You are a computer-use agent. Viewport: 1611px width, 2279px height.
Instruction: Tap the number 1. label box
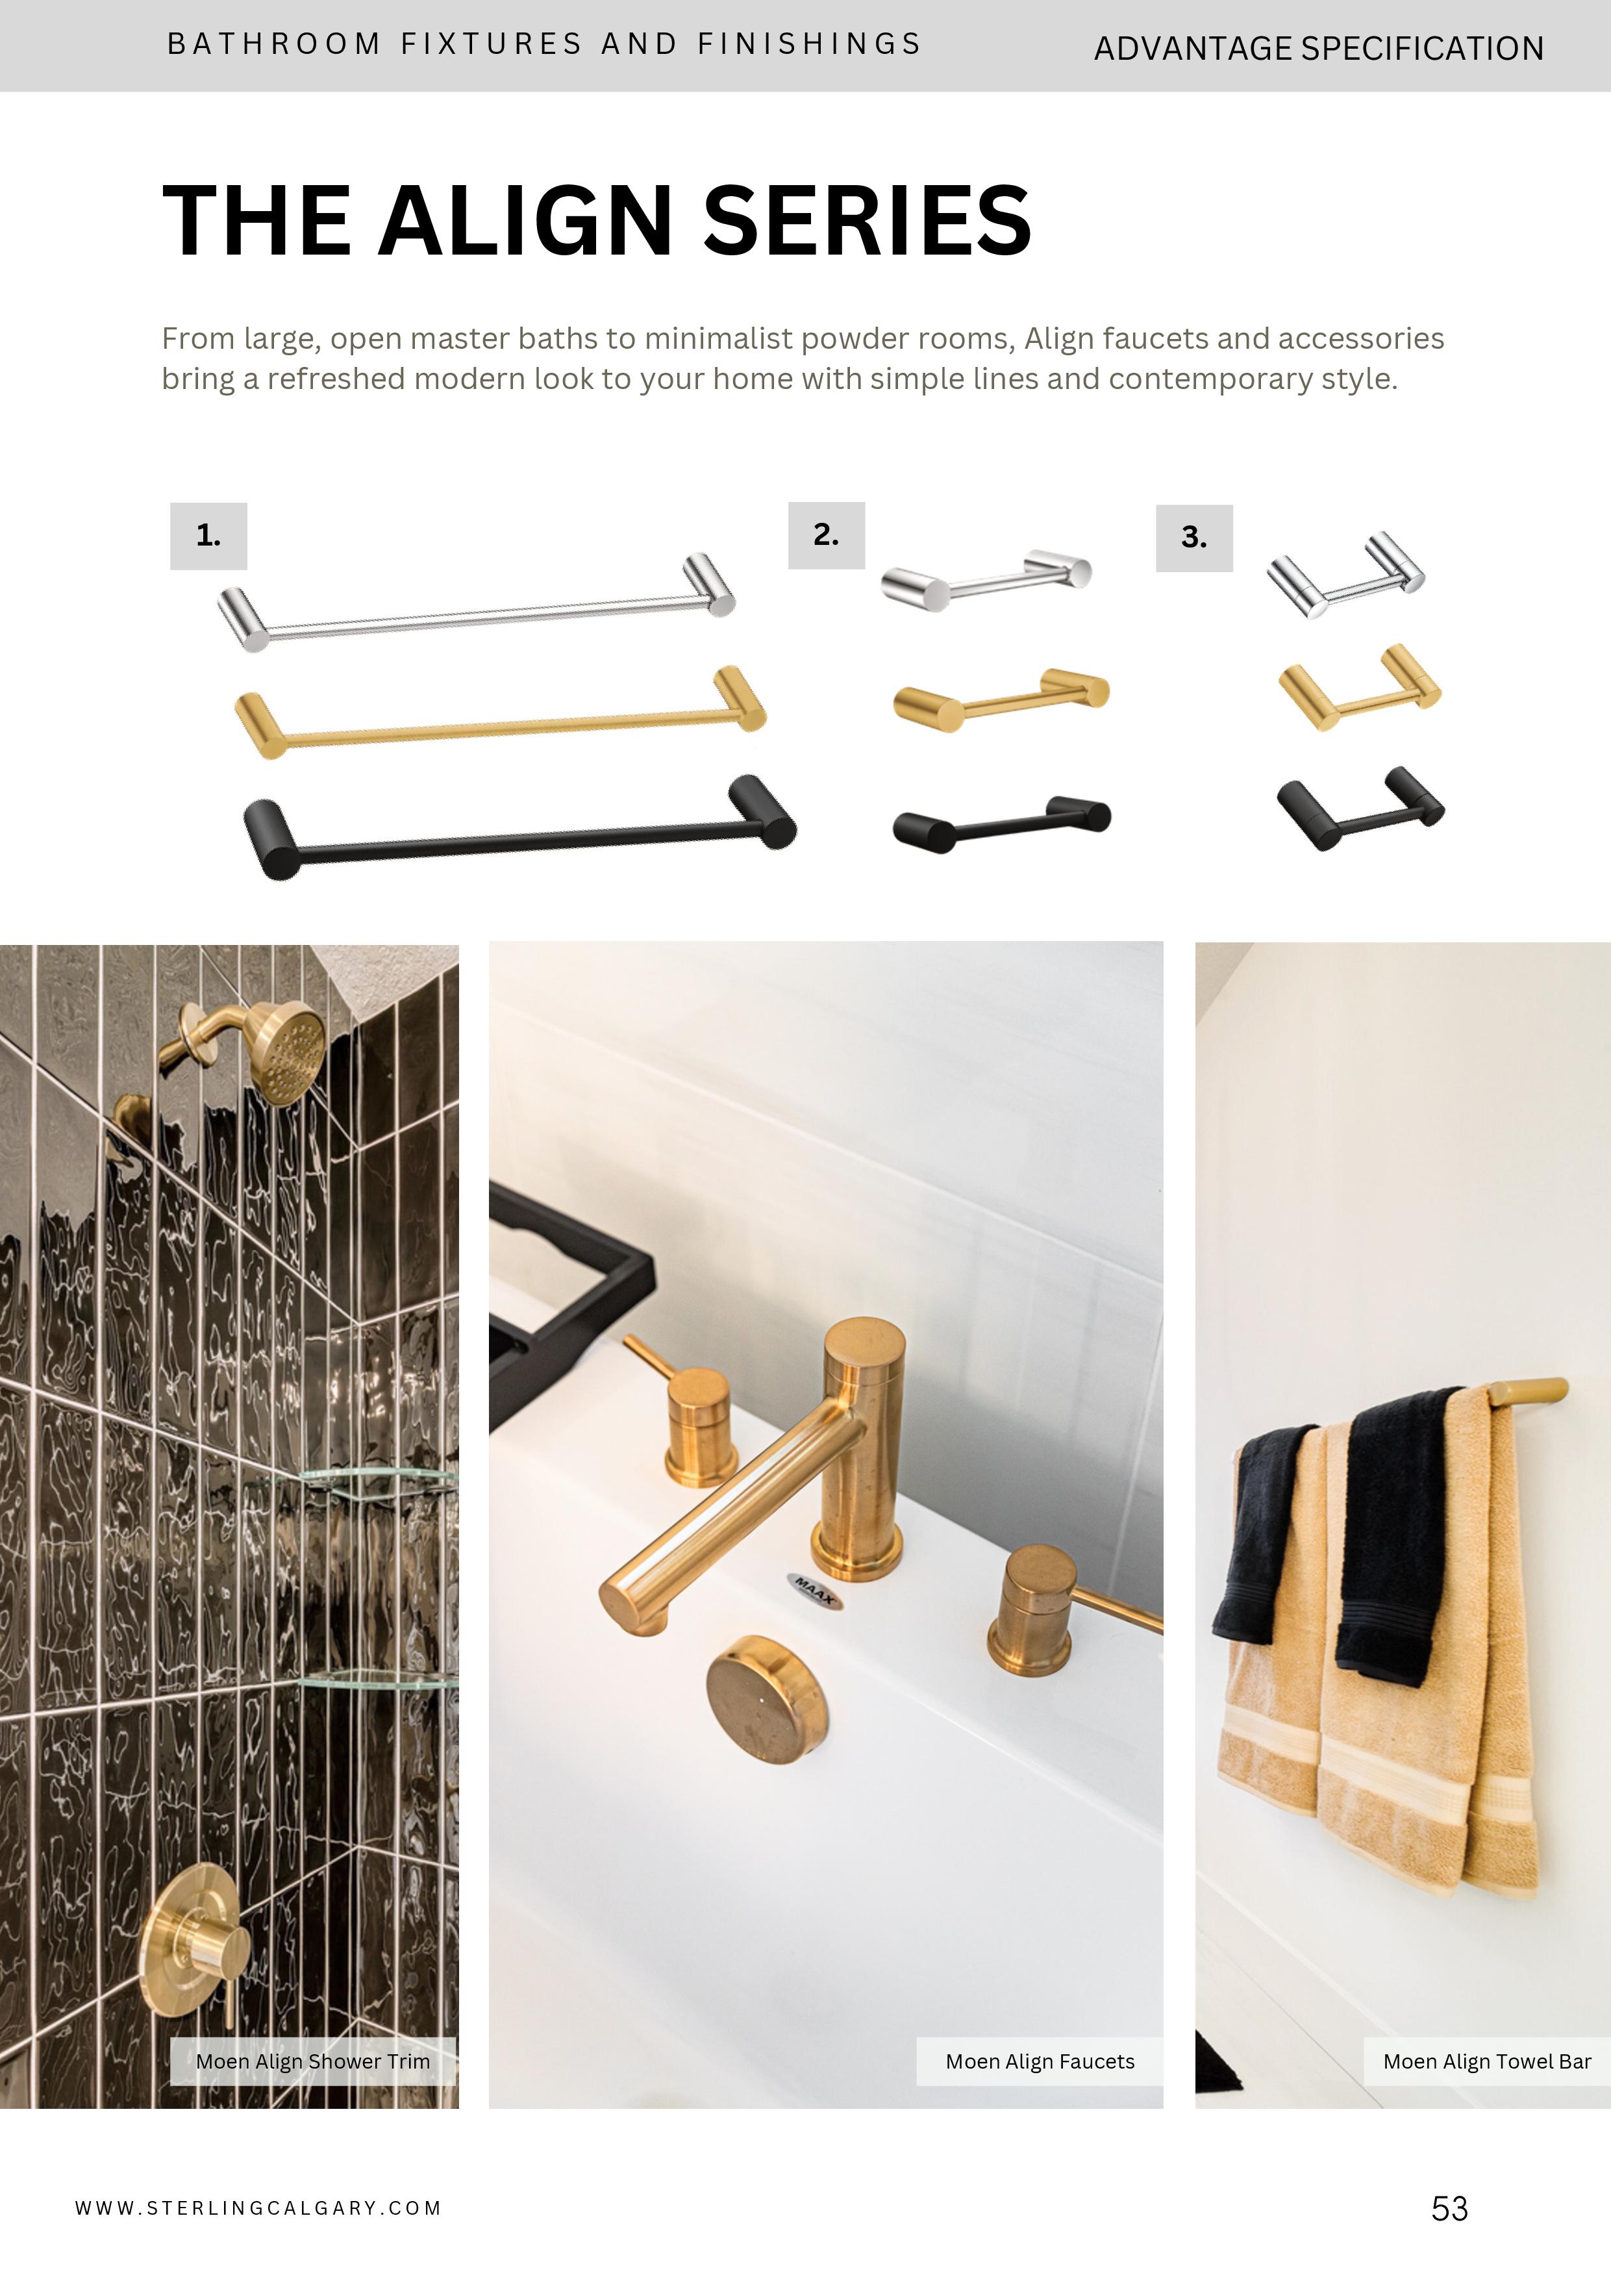(208, 536)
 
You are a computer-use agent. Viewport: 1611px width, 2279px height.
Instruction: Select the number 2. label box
(826, 535)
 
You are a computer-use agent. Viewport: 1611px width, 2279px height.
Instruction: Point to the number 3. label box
(1194, 538)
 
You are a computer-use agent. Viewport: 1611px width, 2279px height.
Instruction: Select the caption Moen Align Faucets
(1039, 2061)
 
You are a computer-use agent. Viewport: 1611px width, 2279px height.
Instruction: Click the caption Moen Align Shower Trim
(313, 2061)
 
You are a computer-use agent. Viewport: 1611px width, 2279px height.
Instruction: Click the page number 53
(1449, 2208)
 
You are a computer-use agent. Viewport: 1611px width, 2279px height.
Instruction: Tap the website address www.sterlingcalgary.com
(258, 2208)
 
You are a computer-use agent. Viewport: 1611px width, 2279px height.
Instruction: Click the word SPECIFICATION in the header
(1423, 49)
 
